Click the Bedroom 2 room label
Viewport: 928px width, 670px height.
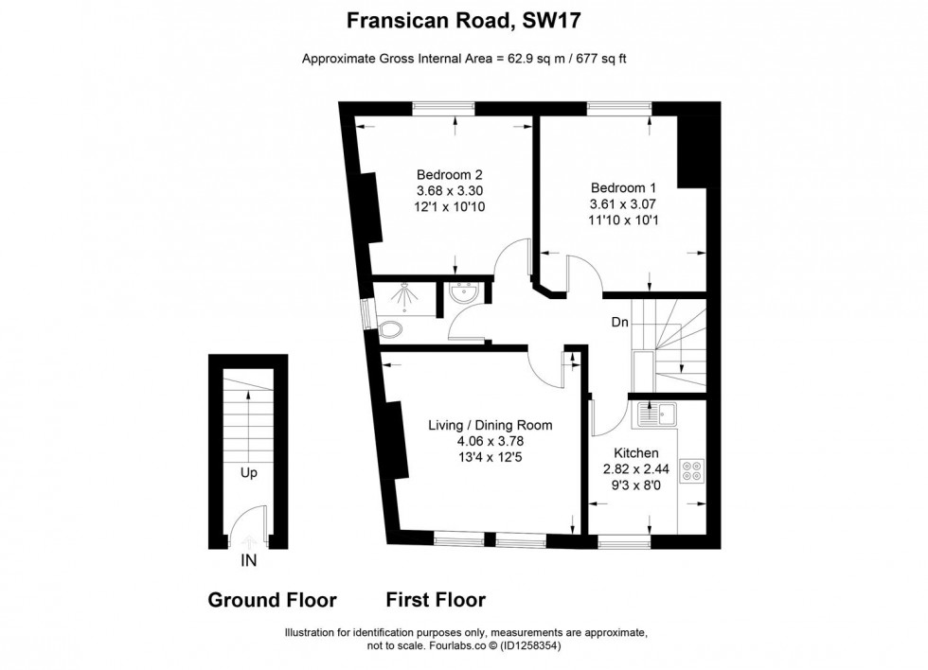[450, 174]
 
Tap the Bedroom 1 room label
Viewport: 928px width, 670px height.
[622, 187]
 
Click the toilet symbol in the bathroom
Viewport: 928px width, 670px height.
[389, 328]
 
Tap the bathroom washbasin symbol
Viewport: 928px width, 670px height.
[464, 293]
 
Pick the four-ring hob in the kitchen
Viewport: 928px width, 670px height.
[691, 470]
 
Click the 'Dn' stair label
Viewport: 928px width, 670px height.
[619, 323]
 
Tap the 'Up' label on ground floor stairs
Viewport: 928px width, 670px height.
[249, 472]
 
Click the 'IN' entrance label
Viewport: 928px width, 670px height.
[248, 560]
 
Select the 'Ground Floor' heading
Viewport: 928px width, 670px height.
[272, 600]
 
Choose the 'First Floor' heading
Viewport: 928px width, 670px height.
[436, 600]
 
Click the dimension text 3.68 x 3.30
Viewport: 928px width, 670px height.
[450, 190]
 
